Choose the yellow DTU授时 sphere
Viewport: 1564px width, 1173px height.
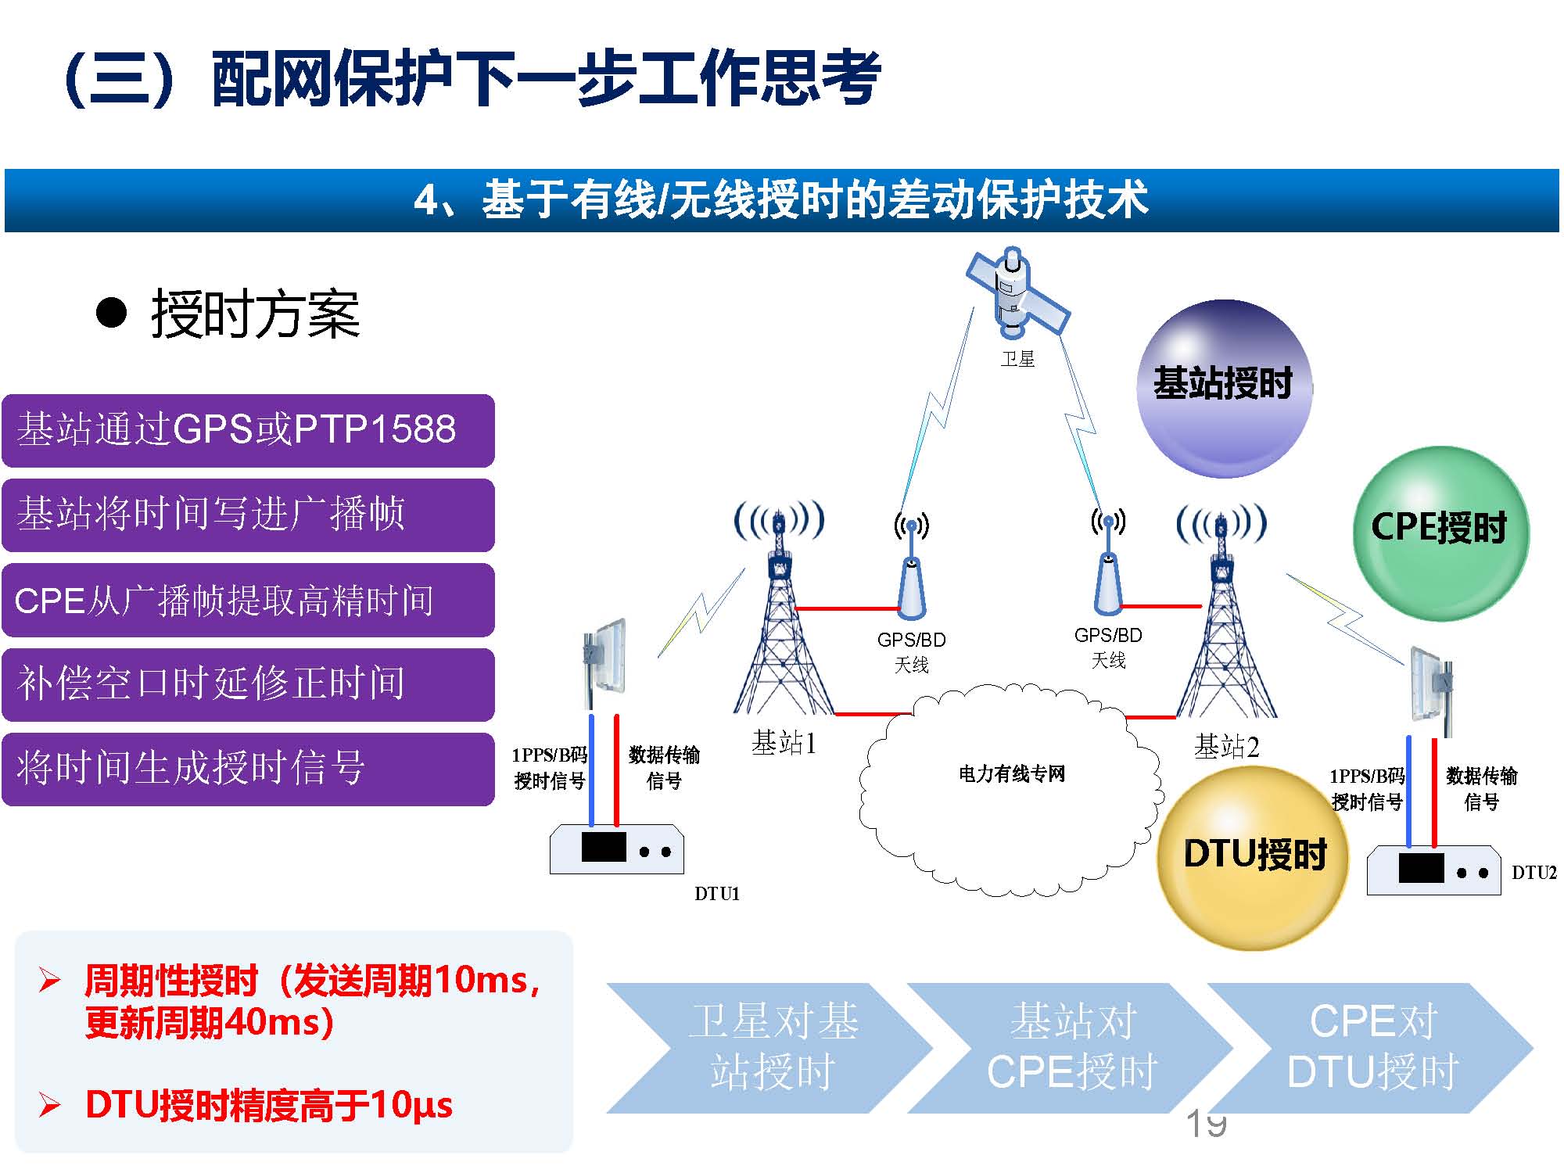click(x=1254, y=857)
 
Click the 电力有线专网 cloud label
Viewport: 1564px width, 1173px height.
click(x=1012, y=774)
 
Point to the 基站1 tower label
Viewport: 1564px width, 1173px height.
click(x=784, y=743)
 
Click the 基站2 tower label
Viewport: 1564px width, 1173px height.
click(x=1226, y=748)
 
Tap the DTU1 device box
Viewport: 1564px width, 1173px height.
click(x=617, y=849)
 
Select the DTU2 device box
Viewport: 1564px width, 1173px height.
click(x=1433, y=870)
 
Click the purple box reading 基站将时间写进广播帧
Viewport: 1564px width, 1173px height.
click(x=248, y=515)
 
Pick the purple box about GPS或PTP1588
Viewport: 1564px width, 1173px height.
click(x=248, y=430)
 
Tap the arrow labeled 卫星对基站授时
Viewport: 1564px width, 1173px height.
click(x=770, y=1048)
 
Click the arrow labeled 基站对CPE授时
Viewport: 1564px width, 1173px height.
click(x=1071, y=1048)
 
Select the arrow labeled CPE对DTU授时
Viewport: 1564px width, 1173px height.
click(x=1372, y=1048)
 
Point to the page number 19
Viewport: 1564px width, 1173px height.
click(x=1206, y=1124)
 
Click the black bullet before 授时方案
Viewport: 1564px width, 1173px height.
click(x=111, y=313)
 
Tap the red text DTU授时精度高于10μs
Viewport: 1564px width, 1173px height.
click(x=268, y=1105)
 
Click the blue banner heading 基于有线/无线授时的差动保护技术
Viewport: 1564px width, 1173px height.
click(x=781, y=199)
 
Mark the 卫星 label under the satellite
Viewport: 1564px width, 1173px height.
click(x=1017, y=359)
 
